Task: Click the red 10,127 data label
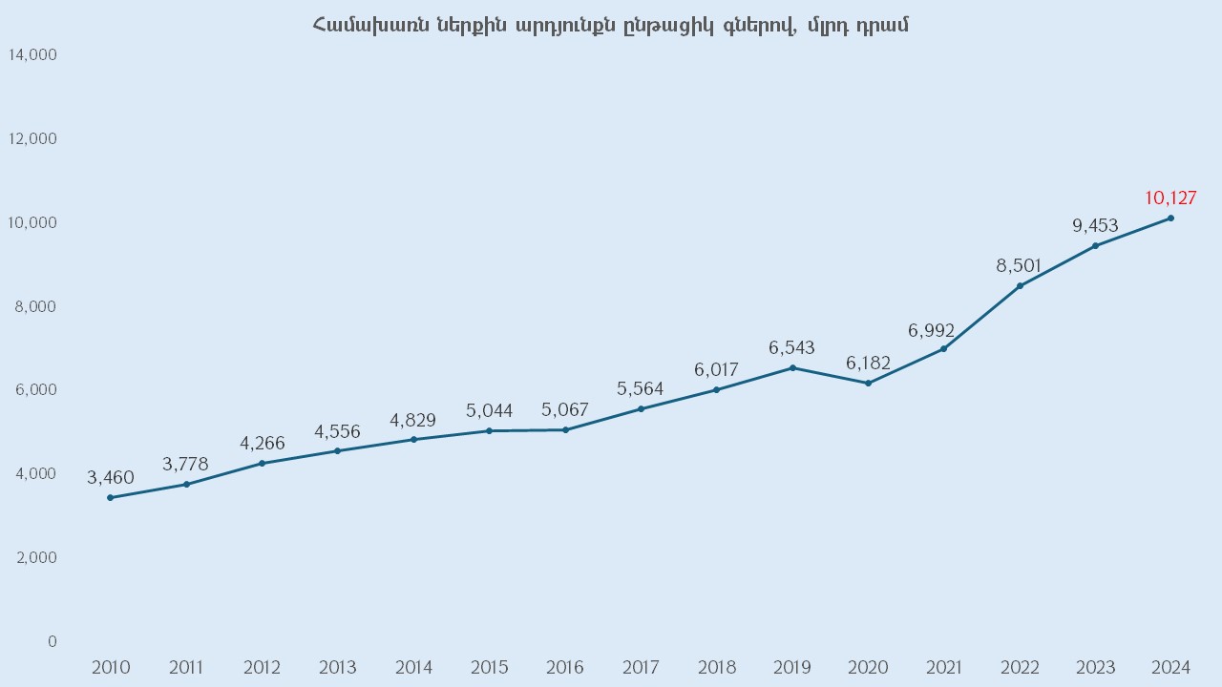click(1170, 198)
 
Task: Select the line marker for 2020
click(868, 384)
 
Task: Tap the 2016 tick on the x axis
click(564, 667)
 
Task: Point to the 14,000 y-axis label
click(32, 55)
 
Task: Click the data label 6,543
click(791, 348)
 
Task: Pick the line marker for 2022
click(1020, 285)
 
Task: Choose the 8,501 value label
click(1019, 265)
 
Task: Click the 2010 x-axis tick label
click(111, 667)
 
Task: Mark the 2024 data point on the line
click(1170, 219)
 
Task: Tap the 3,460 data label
click(111, 478)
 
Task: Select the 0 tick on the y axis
click(52, 641)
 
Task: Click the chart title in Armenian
click(610, 26)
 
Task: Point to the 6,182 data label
click(868, 364)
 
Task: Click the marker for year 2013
click(337, 450)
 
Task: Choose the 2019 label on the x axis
click(791, 667)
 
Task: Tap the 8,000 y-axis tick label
click(36, 306)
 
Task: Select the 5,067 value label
click(564, 410)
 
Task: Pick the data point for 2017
click(641, 408)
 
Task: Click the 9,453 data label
click(1095, 226)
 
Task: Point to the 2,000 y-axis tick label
click(36, 557)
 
